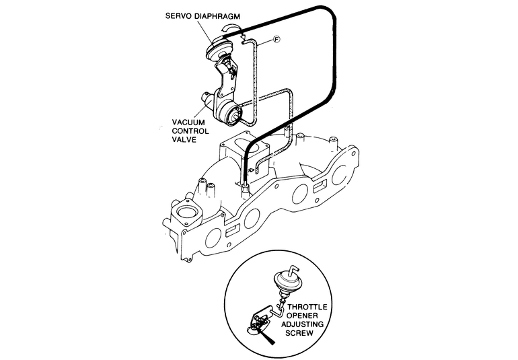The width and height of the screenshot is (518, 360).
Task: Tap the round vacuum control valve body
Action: pyautogui.click(x=233, y=116)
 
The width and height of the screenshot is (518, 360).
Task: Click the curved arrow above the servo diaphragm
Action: pyautogui.click(x=231, y=28)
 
